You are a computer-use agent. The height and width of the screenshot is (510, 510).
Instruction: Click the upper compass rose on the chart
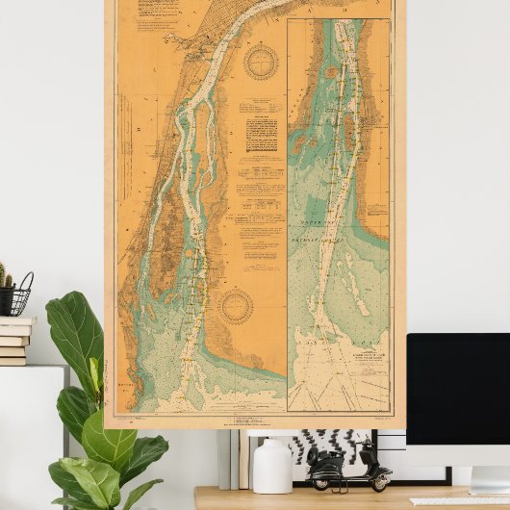pos(260,63)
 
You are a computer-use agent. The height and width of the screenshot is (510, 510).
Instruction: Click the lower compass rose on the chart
pos(236,307)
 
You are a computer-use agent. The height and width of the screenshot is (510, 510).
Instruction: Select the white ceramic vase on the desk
pos(272,465)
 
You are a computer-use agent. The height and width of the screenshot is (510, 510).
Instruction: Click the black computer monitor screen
pos(458,385)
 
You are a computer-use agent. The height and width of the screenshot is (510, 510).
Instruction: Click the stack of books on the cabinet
pos(13,341)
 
